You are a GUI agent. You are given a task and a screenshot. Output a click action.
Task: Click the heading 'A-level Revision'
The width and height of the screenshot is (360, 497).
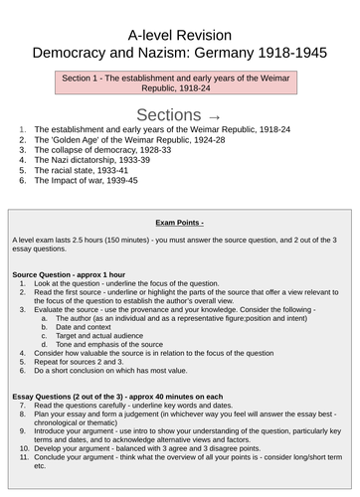(180, 15)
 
